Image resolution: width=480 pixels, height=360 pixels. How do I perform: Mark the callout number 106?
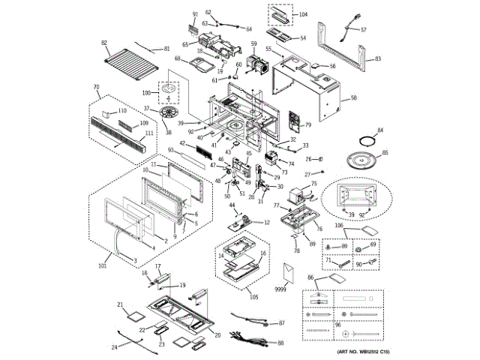point(339,225)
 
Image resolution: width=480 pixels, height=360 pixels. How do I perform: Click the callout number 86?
point(310,277)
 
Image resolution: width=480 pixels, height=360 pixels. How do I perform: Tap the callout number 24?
point(114,346)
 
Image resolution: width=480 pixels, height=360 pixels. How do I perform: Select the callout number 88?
point(281,343)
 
